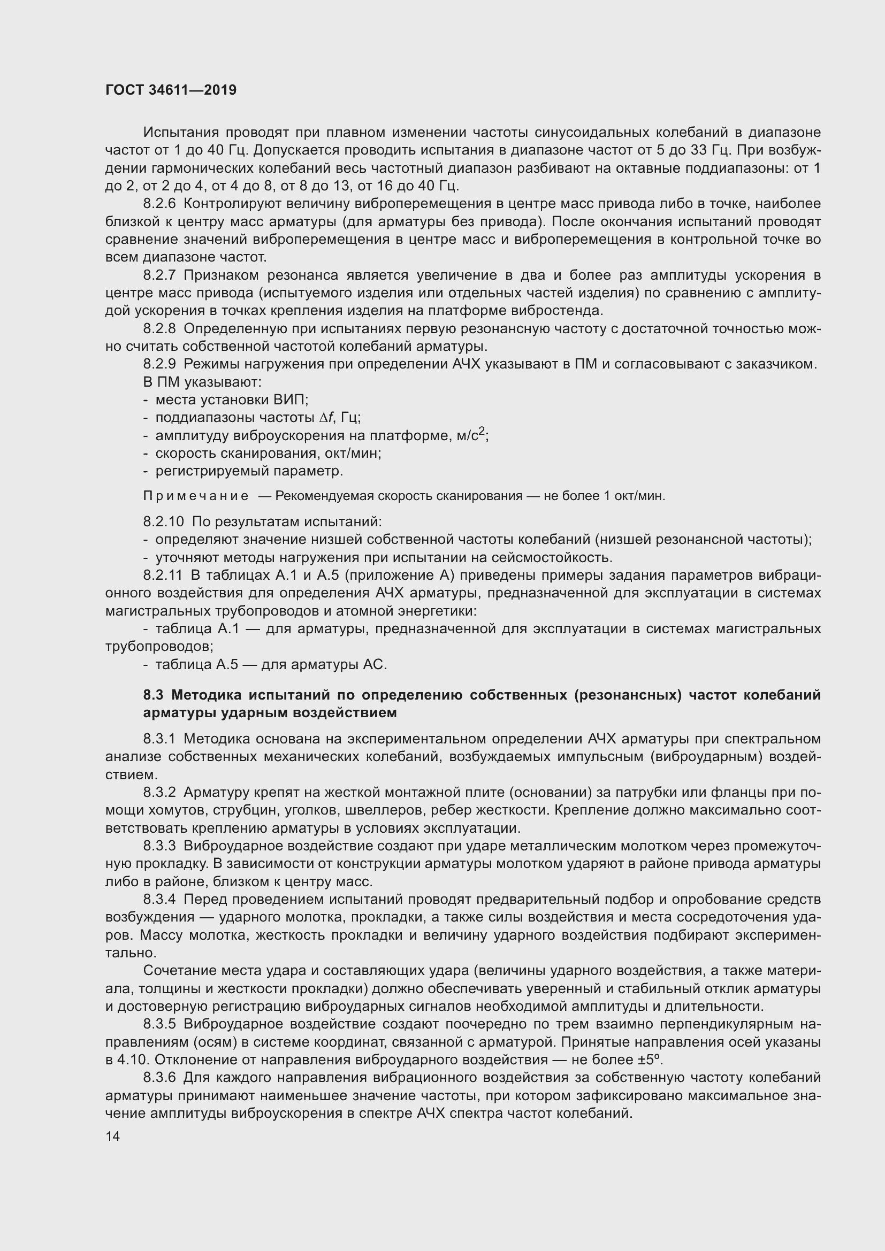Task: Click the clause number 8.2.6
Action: [159, 204]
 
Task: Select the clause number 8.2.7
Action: [159, 275]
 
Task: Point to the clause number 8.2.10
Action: [164, 521]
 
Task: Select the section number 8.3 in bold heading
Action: [154, 695]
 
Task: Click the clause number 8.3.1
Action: [159, 739]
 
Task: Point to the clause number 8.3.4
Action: [159, 899]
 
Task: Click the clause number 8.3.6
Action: [159, 1078]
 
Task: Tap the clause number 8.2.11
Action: [163, 575]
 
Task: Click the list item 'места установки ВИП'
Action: [232, 400]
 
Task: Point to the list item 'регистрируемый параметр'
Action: [249, 471]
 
